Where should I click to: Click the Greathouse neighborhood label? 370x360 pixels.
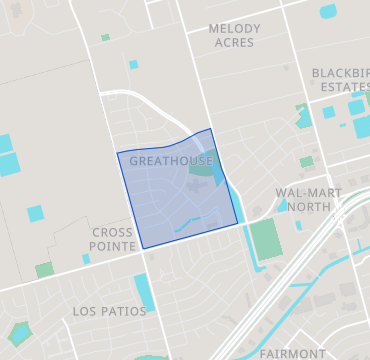click(170, 161)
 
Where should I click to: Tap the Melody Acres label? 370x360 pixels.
click(234, 36)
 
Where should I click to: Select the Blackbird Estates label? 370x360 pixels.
click(339, 80)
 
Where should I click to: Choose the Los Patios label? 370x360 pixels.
click(109, 312)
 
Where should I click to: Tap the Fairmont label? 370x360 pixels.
click(292, 353)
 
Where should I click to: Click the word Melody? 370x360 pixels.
click(234, 29)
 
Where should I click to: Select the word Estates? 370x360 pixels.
click(339, 87)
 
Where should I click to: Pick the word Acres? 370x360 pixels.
click(234, 43)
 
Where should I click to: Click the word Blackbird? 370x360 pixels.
click(340, 73)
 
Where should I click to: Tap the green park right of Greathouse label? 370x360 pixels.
click(204, 171)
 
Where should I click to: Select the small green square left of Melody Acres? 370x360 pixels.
click(105, 38)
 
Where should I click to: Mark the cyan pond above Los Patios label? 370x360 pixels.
click(145, 291)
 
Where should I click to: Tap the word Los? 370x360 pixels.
click(84, 312)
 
